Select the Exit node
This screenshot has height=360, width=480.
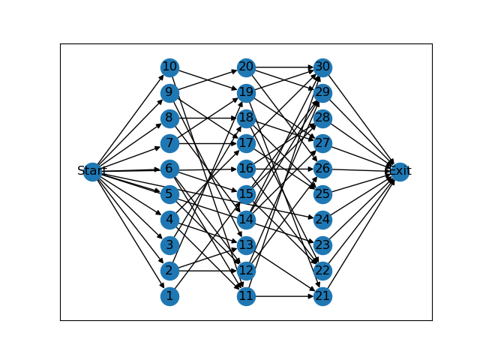(x=399, y=171)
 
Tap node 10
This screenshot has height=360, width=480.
(x=169, y=67)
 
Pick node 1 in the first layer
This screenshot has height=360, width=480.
(x=169, y=296)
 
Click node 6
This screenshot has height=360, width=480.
(x=169, y=169)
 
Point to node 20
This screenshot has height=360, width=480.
(x=246, y=67)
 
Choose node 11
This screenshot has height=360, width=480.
(x=246, y=296)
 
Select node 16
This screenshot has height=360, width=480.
(x=246, y=169)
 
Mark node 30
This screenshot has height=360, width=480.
(x=322, y=67)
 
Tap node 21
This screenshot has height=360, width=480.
(x=322, y=296)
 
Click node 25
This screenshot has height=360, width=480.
(x=322, y=194)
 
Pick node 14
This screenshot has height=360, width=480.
(x=246, y=220)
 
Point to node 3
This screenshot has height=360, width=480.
(x=169, y=245)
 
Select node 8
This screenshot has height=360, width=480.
(x=169, y=118)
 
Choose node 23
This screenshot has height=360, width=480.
(x=322, y=245)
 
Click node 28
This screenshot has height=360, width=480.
(x=322, y=118)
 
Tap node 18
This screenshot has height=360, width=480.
(x=246, y=118)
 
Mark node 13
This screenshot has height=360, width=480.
(x=246, y=245)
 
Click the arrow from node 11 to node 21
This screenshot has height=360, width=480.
(x=284, y=296)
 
